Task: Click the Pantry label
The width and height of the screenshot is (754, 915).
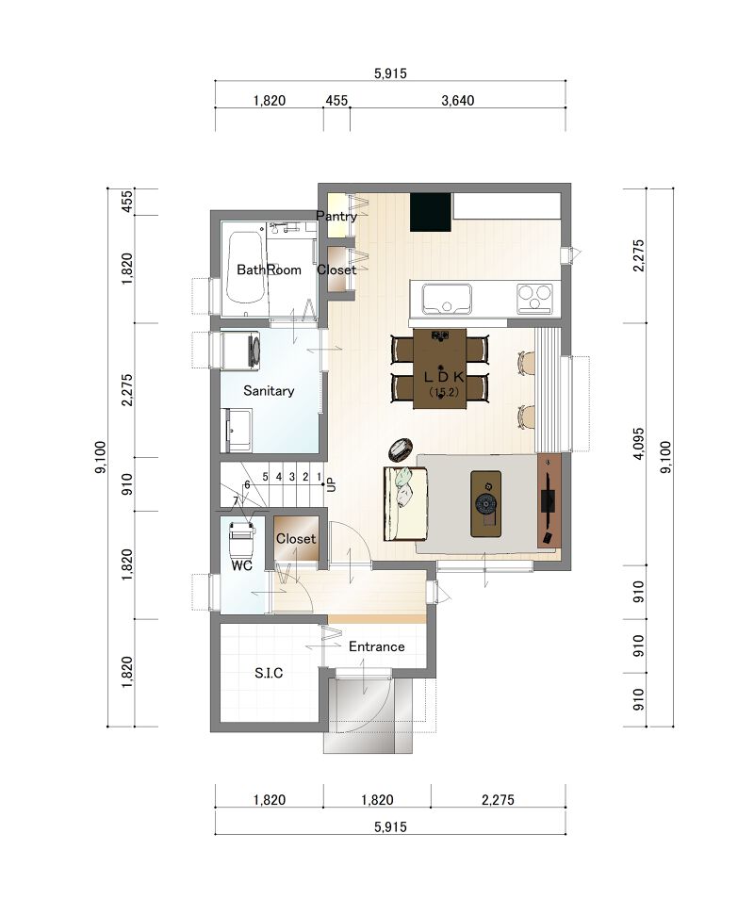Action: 336,216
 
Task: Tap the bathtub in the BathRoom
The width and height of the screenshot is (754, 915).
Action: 245,268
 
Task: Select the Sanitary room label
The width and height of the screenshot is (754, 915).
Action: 269,390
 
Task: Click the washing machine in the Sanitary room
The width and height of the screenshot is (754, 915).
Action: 239,351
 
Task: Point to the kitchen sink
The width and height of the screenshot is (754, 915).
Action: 447,299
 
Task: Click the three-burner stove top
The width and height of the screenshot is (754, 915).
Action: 534,298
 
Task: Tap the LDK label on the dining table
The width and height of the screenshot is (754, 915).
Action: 444,377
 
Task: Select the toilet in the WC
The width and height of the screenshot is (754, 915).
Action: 241,539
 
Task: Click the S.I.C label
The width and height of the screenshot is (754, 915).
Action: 269,673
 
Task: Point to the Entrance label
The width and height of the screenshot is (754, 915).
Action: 376,646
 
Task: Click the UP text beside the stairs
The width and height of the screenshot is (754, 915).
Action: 332,484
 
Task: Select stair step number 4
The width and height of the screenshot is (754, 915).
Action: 279,477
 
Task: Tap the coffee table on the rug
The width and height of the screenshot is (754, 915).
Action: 485,503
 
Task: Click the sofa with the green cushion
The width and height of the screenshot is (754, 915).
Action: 405,503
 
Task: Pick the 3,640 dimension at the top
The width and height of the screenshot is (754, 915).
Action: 457,101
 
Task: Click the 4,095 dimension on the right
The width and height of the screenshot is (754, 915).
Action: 638,444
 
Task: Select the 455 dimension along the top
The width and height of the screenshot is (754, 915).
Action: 336,101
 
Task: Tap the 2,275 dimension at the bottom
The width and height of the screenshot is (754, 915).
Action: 498,800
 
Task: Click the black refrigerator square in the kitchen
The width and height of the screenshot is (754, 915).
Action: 431,212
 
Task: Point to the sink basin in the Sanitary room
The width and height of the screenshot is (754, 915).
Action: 238,430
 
